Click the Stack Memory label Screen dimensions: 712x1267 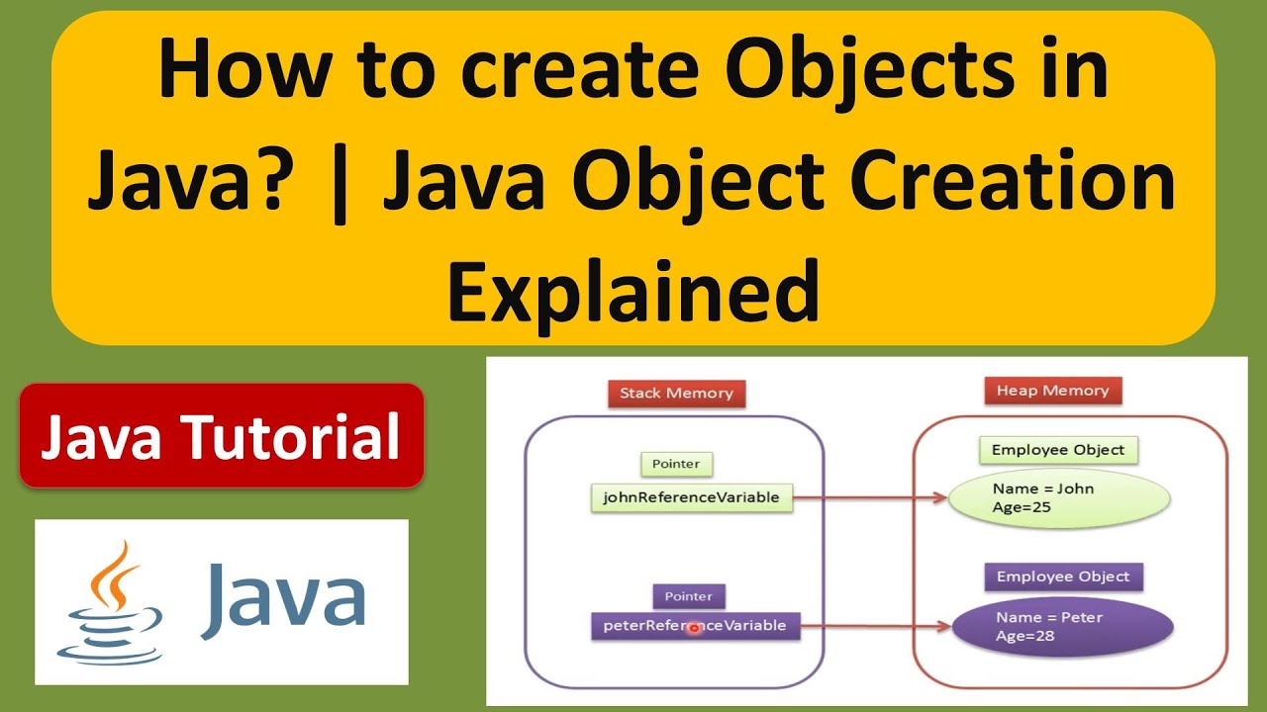tap(676, 394)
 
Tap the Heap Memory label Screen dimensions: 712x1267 tap(1052, 391)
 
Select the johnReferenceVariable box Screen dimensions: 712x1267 tap(692, 497)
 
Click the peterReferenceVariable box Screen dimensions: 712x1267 tap(695, 626)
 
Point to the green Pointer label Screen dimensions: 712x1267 tap(676, 464)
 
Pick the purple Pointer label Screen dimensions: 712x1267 tap(689, 597)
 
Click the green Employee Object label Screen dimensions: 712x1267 tap(1058, 451)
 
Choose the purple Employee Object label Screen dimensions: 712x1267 tap(1063, 577)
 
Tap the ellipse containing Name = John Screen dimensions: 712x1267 tap(1059, 498)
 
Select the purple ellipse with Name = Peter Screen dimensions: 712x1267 tap(1062, 627)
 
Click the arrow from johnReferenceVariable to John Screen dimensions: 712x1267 tap(871, 498)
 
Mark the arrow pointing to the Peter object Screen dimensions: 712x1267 tap(876, 626)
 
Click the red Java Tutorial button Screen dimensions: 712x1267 tap(221, 436)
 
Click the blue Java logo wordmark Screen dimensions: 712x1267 tap(283, 597)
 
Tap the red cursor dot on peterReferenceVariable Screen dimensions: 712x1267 tap(694, 628)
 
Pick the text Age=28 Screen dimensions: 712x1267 tap(1024, 636)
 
